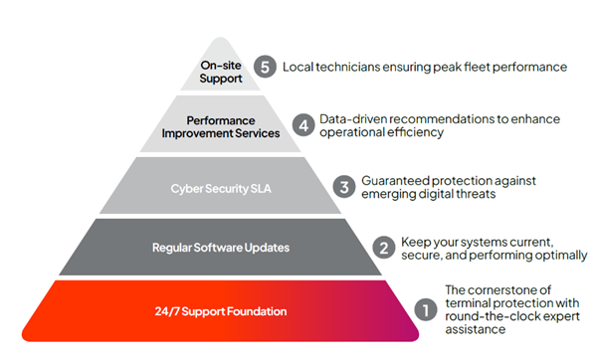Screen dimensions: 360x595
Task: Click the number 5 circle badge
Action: point(264,67)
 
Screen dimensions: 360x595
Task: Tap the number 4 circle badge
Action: point(305,126)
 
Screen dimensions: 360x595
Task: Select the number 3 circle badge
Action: point(343,186)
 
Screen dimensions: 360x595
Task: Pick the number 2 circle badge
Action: point(383,247)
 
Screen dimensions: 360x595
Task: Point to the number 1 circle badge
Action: point(423,309)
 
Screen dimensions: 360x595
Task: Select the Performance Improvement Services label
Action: point(232,126)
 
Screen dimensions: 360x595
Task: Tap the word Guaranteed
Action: point(395,179)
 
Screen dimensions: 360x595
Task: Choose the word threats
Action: point(474,195)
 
